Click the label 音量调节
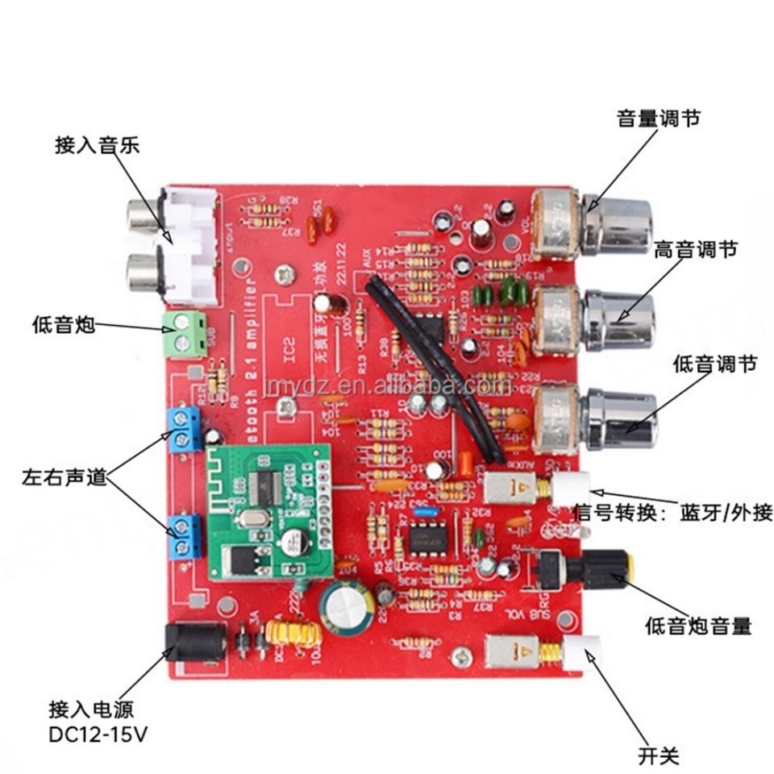click(x=658, y=119)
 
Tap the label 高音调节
click(x=695, y=250)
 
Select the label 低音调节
click(x=714, y=364)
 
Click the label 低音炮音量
click(x=698, y=625)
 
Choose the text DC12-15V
click(x=98, y=734)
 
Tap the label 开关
click(x=659, y=755)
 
